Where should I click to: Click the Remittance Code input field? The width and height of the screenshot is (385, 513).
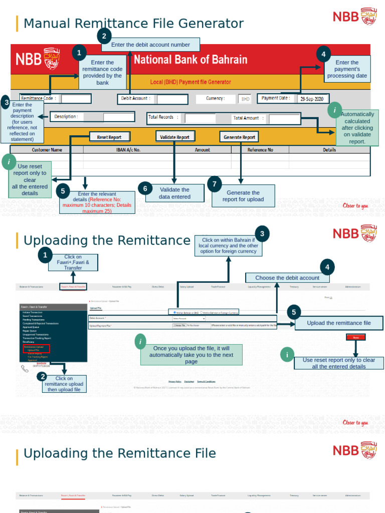coord(76,99)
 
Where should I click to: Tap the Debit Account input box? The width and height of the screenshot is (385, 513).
coord(172,99)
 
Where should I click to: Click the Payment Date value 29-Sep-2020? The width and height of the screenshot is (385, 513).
coord(313,99)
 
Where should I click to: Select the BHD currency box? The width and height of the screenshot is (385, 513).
coord(245,99)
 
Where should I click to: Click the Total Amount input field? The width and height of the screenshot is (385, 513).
coord(284,119)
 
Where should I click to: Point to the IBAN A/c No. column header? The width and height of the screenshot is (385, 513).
coord(128,150)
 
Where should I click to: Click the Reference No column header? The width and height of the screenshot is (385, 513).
coord(260,150)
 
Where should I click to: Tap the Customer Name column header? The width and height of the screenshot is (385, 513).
coord(47,150)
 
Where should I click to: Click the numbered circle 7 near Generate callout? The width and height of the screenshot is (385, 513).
coord(215,184)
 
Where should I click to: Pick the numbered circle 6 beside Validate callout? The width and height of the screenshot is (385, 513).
coord(145,188)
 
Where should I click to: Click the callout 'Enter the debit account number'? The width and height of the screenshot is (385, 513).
coord(150,45)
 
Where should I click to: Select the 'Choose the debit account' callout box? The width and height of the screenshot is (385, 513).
coord(287,278)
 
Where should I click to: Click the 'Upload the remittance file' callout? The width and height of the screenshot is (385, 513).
coord(339,323)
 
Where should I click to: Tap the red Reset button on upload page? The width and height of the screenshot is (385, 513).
coord(356,338)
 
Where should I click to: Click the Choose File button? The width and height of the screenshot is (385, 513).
coord(179,326)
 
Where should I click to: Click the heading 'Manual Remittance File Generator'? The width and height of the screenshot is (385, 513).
coord(133,24)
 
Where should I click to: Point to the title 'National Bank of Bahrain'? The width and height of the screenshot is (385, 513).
coord(190,60)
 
